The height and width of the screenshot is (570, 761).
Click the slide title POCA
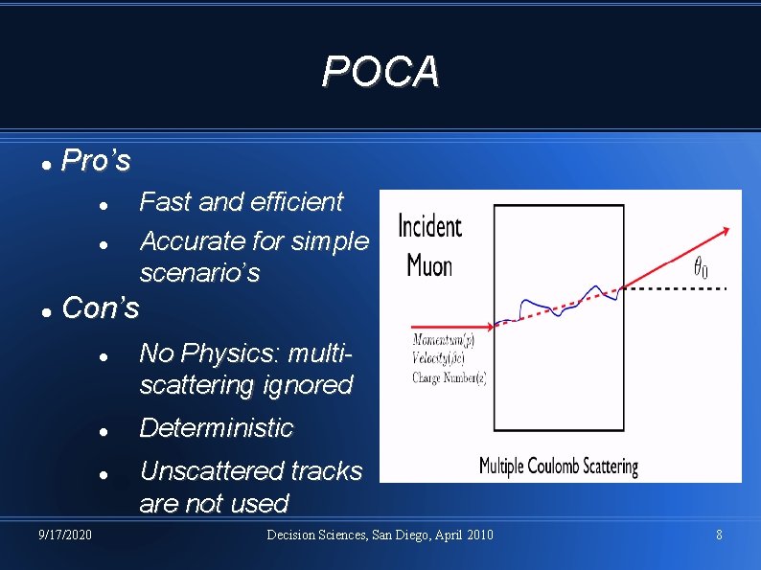(380, 71)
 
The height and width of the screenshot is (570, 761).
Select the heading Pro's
(95, 160)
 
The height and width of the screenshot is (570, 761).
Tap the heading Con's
(100, 308)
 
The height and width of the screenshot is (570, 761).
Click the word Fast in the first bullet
(165, 202)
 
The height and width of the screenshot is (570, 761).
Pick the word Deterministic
(216, 427)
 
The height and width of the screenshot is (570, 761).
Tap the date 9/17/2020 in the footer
(66, 534)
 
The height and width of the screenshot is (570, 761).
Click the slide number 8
(719, 534)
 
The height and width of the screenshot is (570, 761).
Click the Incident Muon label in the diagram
(429, 245)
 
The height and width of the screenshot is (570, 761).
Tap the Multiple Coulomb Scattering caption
(558, 467)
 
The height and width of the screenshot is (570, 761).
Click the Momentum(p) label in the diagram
(444, 338)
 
